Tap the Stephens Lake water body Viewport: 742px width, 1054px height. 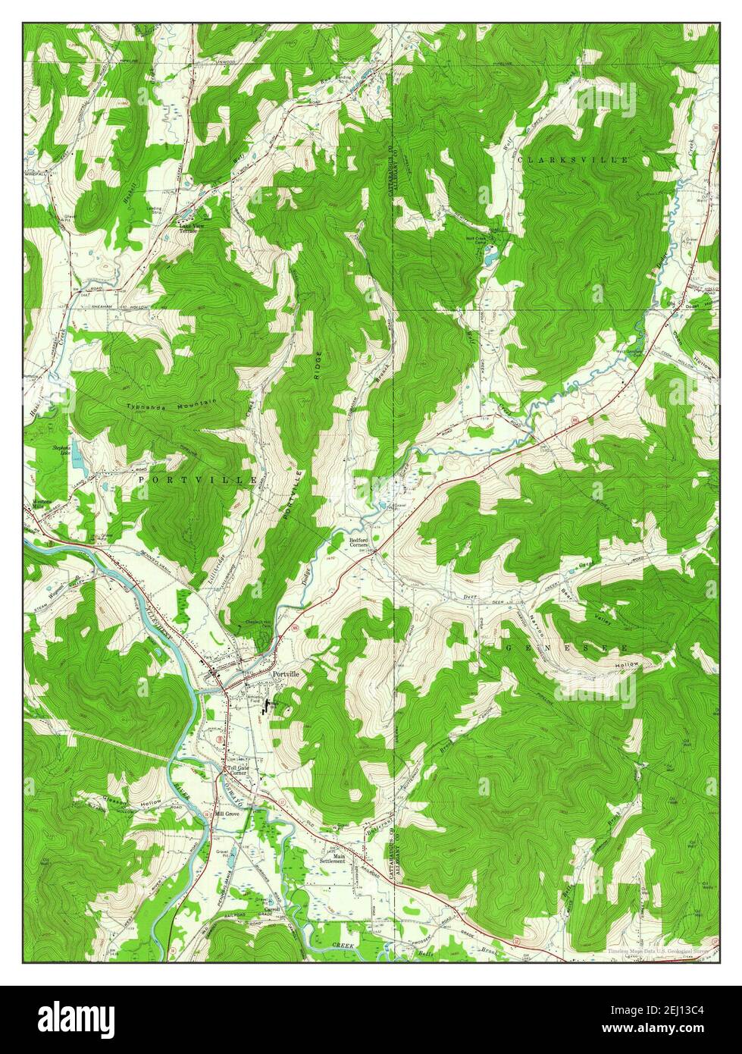point(76,453)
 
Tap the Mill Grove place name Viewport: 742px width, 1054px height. point(227,813)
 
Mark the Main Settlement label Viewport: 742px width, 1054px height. point(332,858)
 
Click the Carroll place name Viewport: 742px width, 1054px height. point(272,908)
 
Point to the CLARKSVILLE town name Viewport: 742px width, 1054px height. point(573,160)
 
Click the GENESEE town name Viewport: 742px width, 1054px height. point(566,649)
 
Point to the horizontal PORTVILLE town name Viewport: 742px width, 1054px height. point(186,481)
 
